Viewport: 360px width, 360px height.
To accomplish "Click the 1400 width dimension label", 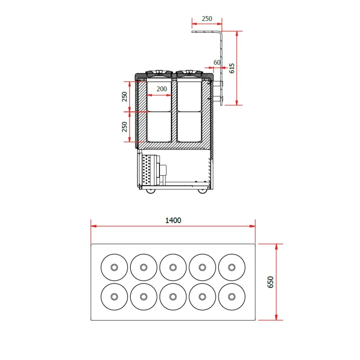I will [173, 220].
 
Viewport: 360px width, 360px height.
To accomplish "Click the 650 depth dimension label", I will [270, 282].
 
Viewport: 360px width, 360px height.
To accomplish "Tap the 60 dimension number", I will [217, 62].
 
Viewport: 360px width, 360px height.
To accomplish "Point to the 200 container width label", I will [162, 89].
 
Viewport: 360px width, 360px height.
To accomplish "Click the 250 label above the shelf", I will [207, 19].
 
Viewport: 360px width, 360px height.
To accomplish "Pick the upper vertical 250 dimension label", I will [125, 97].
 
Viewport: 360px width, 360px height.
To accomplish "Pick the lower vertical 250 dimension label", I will [125, 126].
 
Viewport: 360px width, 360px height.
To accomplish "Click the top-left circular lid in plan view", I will [114, 267].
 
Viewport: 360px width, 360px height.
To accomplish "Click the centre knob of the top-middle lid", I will [173, 267].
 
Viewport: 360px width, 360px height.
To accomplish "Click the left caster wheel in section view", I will [151, 190].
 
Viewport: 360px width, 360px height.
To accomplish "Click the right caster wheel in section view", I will [203, 190].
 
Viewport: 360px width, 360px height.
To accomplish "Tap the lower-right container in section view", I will [189, 126].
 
